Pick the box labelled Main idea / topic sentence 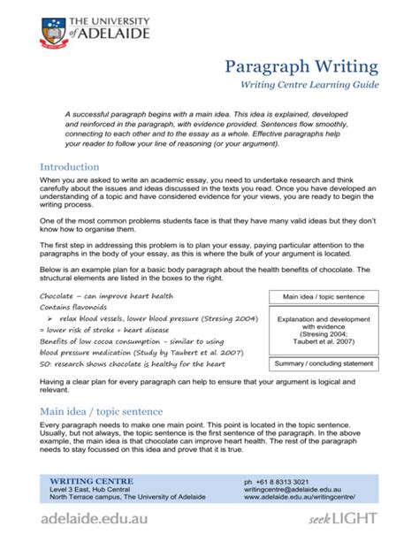(324, 297)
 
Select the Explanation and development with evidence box (324, 330)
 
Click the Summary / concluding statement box (324, 363)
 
